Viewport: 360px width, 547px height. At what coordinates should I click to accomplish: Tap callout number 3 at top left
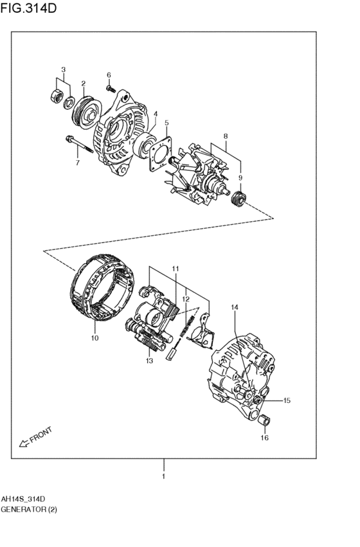pos(63,69)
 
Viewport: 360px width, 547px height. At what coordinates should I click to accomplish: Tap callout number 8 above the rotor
pos(226,136)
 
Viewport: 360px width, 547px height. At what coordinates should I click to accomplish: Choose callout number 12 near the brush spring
pos(185,299)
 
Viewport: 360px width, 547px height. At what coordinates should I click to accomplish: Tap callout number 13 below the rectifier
pos(148,361)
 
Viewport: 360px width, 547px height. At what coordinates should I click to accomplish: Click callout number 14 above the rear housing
pos(235,308)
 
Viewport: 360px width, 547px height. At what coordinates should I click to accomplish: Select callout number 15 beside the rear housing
pos(286,400)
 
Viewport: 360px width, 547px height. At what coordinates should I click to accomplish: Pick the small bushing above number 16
pos(264,422)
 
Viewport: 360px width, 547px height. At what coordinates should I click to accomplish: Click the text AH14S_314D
pos(22,499)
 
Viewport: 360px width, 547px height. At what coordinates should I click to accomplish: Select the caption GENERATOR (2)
pos(28,511)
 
